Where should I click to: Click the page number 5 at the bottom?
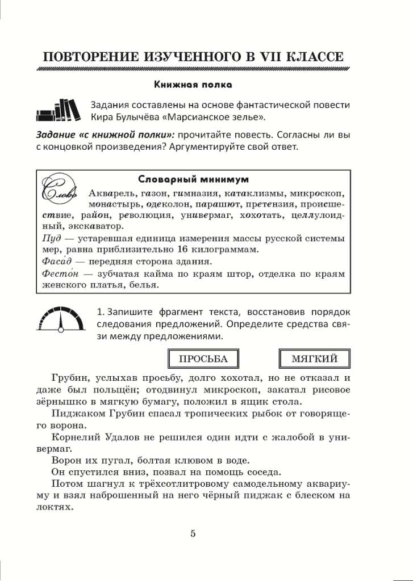tap(193, 533)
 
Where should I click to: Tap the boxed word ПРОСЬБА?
tap(203, 359)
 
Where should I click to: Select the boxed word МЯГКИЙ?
tap(314, 359)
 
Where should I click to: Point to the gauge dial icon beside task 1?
tap(60, 319)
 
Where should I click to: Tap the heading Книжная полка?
tap(193, 85)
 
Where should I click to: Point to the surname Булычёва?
tap(136, 117)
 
